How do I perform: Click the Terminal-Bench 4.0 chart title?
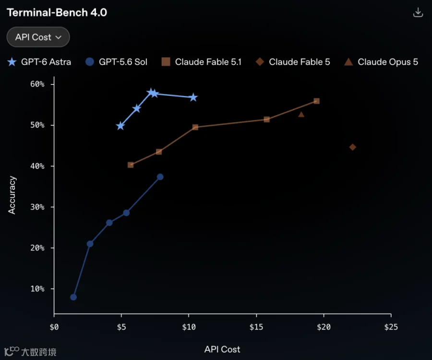tap(57, 12)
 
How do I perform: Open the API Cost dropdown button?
tap(38, 37)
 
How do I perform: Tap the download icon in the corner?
tap(418, 12)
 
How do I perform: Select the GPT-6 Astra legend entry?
tap(39, 62)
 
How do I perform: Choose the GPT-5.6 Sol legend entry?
tap(116, 62)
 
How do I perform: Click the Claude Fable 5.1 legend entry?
tap(202, 62)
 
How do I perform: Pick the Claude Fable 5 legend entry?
tap(293, 62)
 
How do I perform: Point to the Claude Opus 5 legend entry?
tap(381, 62)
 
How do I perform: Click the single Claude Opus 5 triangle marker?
tap(301, 114)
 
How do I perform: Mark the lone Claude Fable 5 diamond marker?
tap(352, 147)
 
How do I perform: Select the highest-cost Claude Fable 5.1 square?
tap(317, 101)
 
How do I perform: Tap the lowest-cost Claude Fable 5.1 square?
tap(131, 165)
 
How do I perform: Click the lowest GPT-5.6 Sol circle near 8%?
tap(73, 297)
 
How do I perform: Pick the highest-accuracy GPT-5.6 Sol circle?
tap(160, 177)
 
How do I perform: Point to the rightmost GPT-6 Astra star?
tap(193, 97)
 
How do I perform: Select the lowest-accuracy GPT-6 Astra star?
tap(120, 126)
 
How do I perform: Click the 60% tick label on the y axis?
tap(37, 84)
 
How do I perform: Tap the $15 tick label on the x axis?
tap(256, 327)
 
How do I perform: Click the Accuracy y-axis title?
tap(12, 195)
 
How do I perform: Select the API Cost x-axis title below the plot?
tap(222, 349)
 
